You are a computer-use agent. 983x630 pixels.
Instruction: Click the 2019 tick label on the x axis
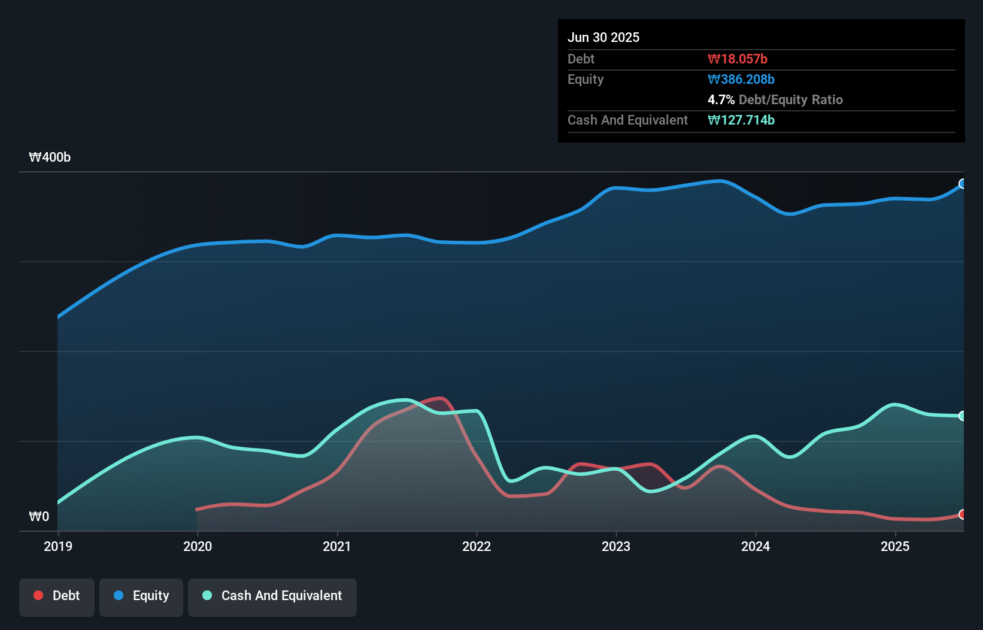tap(58, 546)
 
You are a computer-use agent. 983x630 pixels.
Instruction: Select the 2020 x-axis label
tap(198, 546)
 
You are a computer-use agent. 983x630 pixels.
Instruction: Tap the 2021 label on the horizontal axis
tap(337, 546)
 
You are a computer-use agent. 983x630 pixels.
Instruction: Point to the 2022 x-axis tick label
tap(477, 546)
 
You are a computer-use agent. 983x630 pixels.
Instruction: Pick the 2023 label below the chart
tap(616, 546)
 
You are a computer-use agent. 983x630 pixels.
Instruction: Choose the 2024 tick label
tap(756, 546)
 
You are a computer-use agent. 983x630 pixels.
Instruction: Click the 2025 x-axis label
tap(895, 546)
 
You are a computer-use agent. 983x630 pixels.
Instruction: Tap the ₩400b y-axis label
tap(50, 157)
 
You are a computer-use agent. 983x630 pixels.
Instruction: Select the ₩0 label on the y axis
tap(39, 516)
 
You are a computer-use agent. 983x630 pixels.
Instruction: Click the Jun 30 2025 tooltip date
tap(603, 37)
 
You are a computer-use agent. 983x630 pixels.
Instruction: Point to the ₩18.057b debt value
tap(738, 59)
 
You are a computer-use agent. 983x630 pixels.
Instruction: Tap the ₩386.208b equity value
tap(741, 79)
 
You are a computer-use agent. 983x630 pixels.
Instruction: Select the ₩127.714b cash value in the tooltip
tap(741, 120)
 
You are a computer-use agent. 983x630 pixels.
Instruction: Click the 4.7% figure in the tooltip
tap(721, 99)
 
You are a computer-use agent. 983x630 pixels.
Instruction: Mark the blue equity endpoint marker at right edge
tap(963, 184)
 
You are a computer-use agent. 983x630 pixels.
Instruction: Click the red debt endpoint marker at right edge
tap(963, 514)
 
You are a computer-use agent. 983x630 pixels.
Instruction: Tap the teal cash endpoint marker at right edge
tap(963, 416)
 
